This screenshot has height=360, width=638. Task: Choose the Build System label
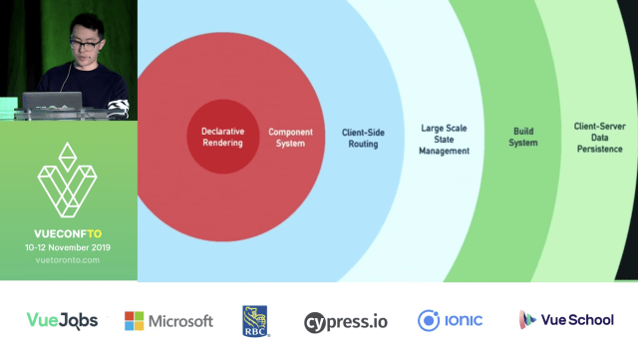524,137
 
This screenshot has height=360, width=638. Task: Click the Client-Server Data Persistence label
598,138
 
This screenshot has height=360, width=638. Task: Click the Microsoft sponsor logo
168,321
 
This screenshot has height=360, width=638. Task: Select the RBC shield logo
255,320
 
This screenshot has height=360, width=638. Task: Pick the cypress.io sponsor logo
345,321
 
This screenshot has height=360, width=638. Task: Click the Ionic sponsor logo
451,320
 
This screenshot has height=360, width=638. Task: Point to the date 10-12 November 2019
68,247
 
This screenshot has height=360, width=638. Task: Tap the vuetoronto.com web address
68,260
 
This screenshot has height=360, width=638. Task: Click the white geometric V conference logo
68,184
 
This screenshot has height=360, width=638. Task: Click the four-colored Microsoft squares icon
134,321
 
